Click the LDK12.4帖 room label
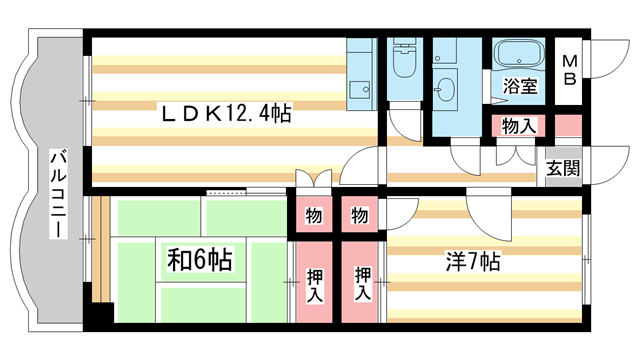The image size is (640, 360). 227,114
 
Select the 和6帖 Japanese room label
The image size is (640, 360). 199,261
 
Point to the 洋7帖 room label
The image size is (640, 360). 473,263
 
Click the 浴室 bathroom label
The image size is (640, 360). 520,86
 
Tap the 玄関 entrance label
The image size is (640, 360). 562,167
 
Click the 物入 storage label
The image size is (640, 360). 519,126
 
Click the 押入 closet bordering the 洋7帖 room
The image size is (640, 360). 361,284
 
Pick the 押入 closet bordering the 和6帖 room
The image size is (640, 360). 313,284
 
